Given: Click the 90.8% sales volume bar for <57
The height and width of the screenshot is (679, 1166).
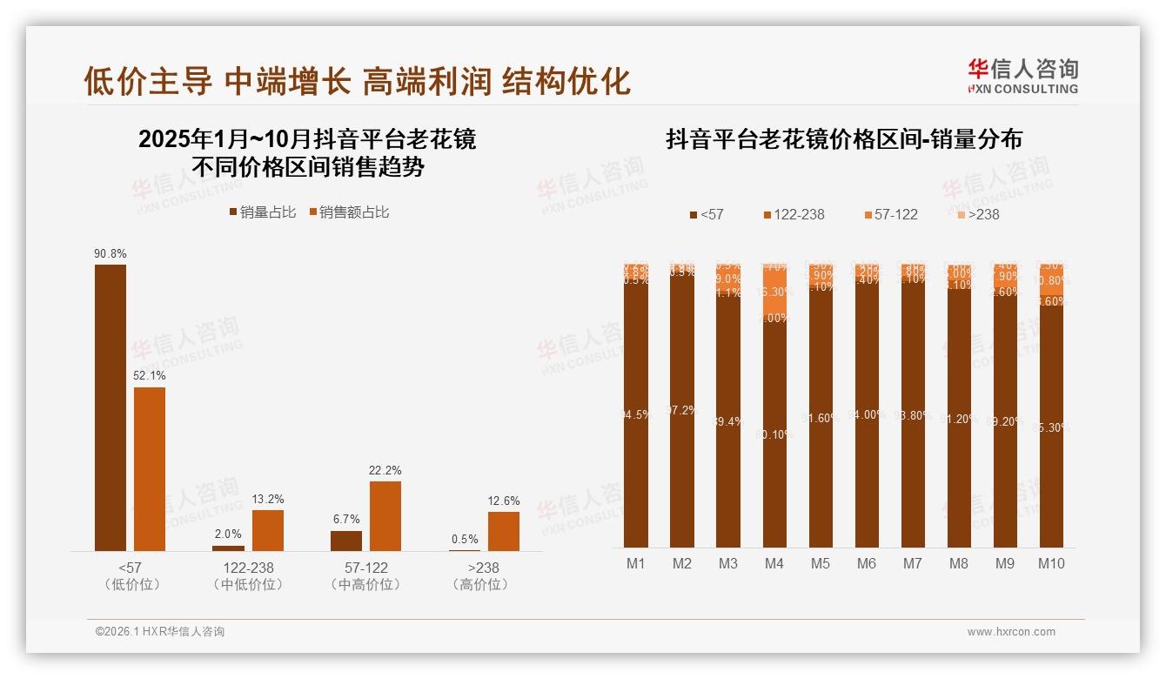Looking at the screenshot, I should tap(111, 407).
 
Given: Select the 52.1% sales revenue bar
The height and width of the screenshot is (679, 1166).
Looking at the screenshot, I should tap(150, 469).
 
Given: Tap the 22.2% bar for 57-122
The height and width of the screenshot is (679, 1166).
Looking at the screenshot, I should tap(385, 515).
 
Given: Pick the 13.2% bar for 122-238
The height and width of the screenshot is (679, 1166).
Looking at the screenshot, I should tap(268, 530).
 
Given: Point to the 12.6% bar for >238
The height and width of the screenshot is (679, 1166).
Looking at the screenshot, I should tap(504, 531).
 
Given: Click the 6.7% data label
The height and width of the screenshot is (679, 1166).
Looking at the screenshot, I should tap(345, 520).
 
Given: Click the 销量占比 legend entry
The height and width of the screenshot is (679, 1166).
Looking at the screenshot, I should tap(263, 212).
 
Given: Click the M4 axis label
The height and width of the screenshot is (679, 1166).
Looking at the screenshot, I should tap(774, 564).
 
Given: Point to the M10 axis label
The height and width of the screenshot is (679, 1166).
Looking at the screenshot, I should tap(1051, 564).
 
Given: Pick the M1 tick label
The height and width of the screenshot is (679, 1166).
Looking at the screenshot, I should tap(636, 564).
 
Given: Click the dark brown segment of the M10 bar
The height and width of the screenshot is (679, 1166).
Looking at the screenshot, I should tap(1051, 427).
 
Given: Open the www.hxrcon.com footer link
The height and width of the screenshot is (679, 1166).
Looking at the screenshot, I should tap(1011, 632).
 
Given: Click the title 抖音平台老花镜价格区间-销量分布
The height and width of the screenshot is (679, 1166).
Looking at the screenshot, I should tap(844, 139).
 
